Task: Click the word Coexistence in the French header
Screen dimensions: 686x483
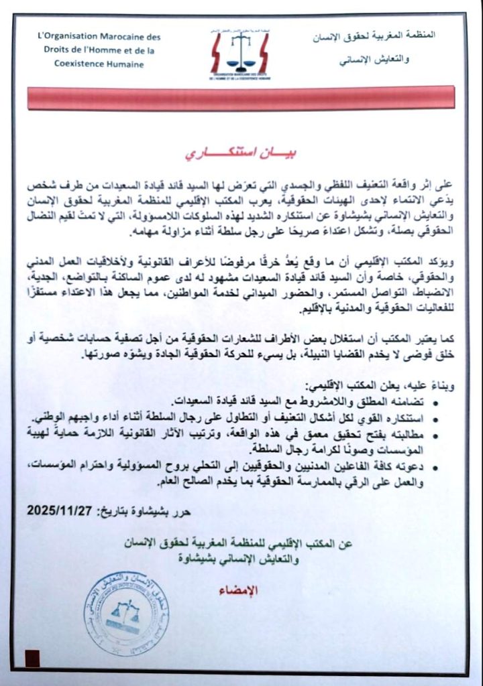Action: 78,64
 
